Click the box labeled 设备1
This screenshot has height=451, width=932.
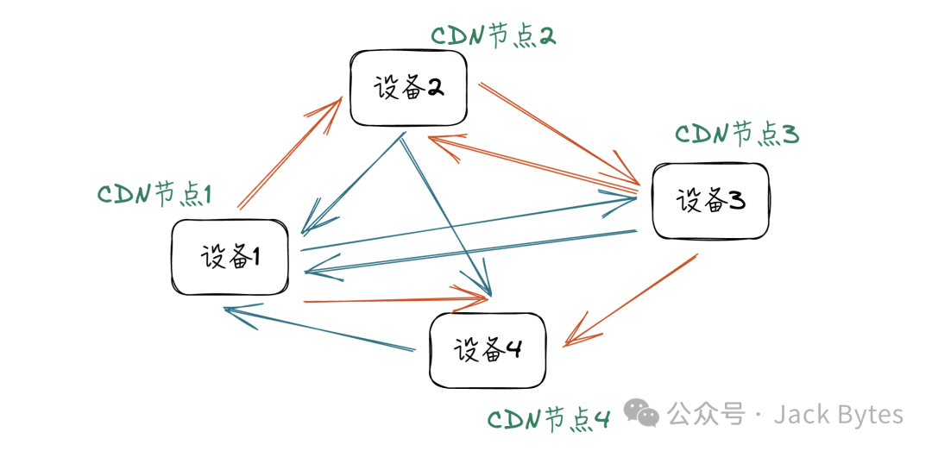(x=230, y=257)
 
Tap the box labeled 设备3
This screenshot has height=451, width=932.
(x=710, y=201)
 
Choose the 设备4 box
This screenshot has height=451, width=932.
(x=488, y=349)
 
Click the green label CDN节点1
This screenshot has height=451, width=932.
(x=154, y=194)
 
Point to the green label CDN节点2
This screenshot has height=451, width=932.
(x=493, y=36)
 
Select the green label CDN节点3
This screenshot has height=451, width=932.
(x=737, y=135)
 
